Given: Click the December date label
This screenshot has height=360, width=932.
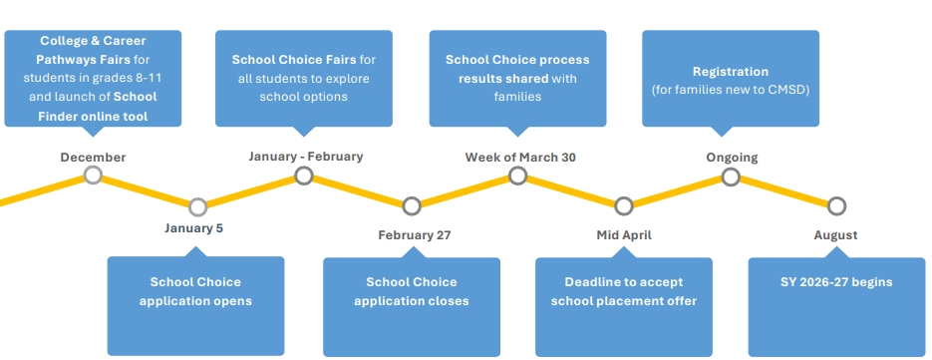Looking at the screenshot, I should point(93,158).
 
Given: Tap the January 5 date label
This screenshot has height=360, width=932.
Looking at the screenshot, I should point(194,227).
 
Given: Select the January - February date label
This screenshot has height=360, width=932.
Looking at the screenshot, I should point(305,157).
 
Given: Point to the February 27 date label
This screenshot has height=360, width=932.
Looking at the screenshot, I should point(415,235).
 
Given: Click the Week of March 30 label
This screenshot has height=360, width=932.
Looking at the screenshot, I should point(520,158).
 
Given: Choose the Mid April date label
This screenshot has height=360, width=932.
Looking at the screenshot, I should point(624,235).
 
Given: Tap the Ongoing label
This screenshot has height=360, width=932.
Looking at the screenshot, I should point(732,158).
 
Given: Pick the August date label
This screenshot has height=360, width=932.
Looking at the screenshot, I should point(835,235).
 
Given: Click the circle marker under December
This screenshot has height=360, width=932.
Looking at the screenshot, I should point(93,176).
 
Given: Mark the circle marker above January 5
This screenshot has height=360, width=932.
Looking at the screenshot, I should point(197,207).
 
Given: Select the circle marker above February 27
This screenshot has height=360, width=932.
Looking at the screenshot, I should point(412,206).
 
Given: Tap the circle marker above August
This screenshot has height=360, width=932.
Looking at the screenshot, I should point(837,205).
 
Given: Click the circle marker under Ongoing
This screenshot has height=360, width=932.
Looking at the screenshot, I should point(731,177).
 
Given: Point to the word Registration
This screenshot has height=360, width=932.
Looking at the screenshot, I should point(731,72).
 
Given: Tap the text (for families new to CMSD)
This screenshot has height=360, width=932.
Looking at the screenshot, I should point(731,89).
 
